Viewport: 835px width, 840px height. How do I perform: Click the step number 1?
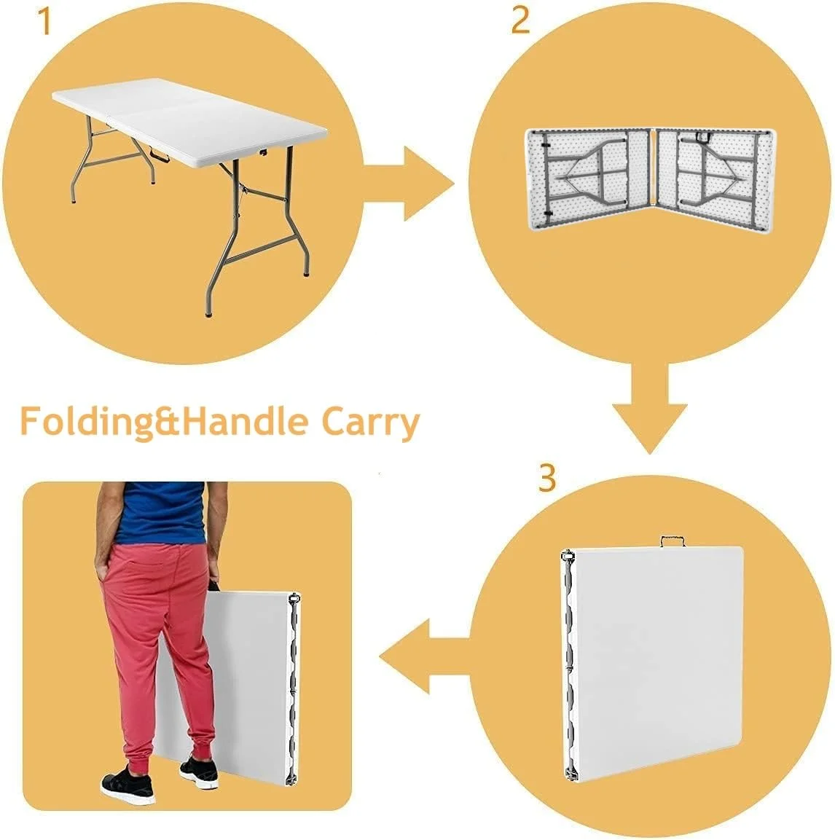pos(45,22)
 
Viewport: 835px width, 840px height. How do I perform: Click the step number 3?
pos(546,479)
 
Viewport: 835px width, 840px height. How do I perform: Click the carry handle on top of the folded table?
pos(675,541)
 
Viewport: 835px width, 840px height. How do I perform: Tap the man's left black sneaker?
pos(128,785)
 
